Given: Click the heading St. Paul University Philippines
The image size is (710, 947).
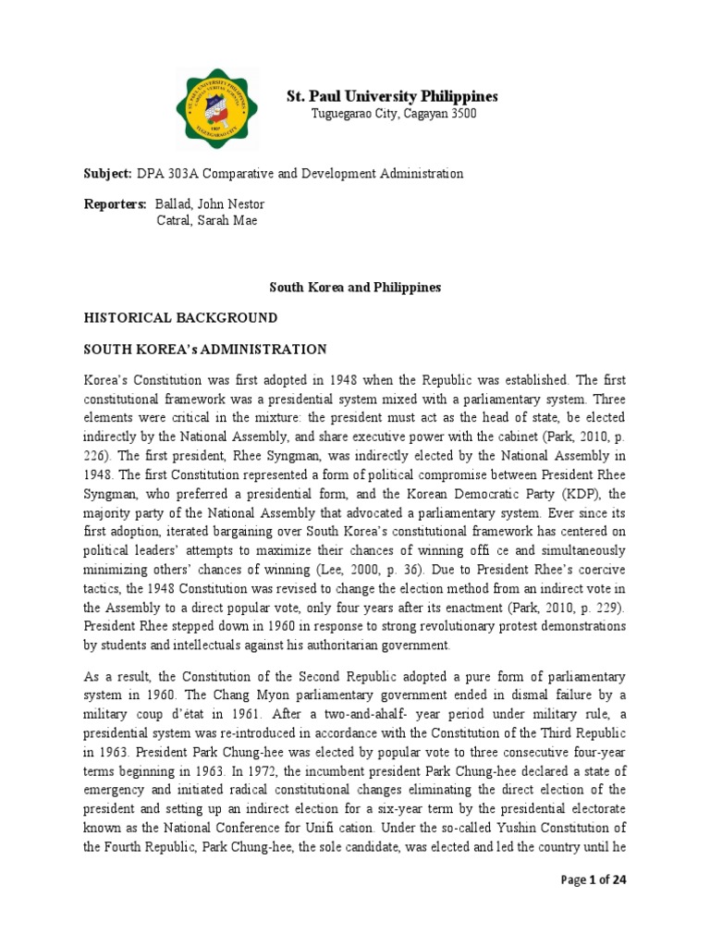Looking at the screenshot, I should pyautogui.click(x=392, y=96).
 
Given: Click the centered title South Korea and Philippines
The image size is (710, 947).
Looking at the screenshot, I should pyautogui.click(x=355, y=288).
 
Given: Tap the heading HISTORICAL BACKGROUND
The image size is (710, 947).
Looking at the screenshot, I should pyautogui.click(x=180, y=318).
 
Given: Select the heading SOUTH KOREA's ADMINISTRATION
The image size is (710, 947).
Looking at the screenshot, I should pyautogui.click(x=204, y=350).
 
